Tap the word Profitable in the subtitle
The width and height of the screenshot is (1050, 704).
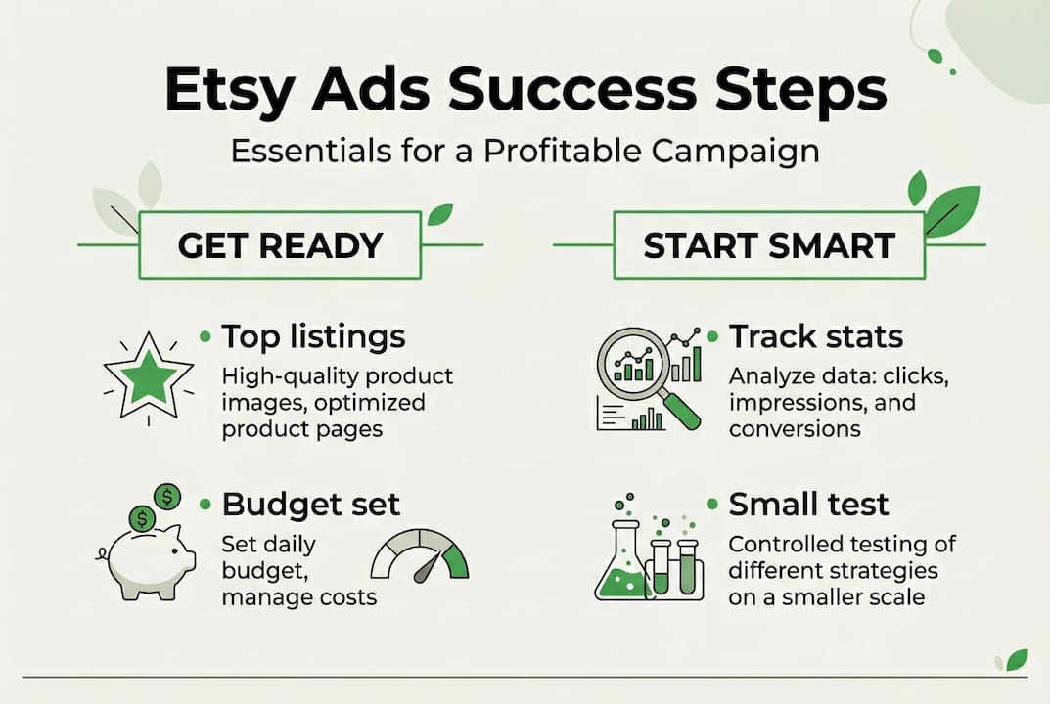[563, 151]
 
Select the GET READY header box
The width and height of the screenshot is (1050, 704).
[280, 244]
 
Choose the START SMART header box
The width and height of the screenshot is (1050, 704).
[769, 244]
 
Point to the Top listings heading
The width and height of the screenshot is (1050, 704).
[313, 336]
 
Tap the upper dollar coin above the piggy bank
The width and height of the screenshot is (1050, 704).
[166, 497]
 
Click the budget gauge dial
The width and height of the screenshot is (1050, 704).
[420, 555]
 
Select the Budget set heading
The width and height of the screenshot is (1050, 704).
[311, 504]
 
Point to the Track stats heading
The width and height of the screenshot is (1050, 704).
[815, 336]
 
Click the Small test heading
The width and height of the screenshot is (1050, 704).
[808, 504]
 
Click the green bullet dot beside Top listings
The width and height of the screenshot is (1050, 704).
[205, 336]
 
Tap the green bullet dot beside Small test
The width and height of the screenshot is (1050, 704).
[712, 504]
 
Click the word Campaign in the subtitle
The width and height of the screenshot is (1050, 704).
[735, 152]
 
